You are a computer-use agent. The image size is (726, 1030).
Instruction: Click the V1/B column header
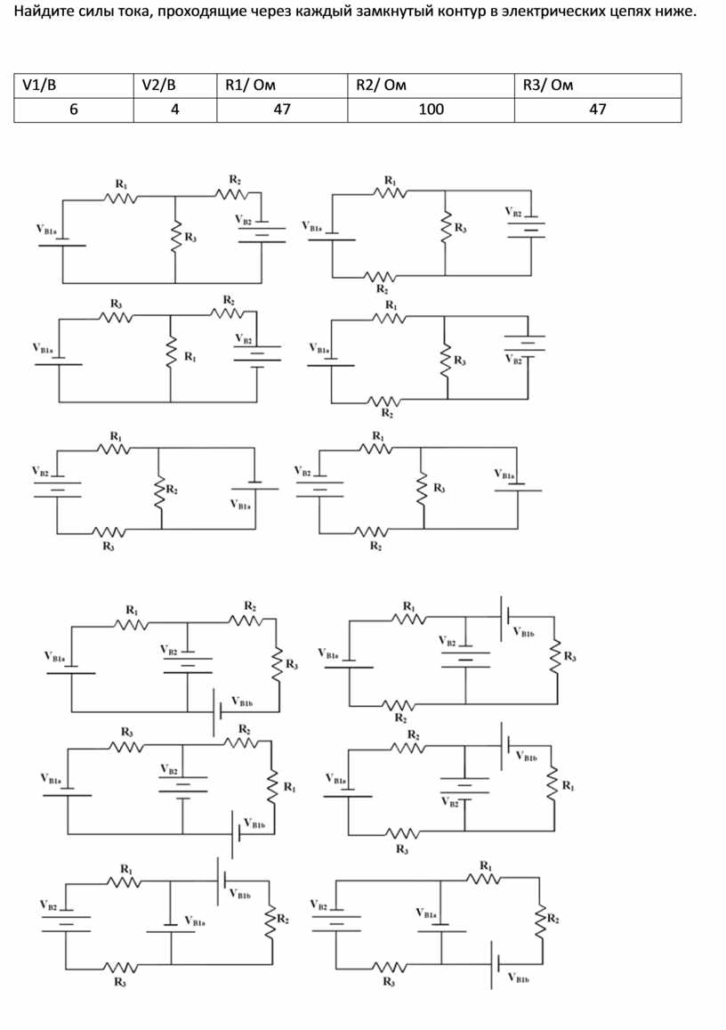tap(39, 85)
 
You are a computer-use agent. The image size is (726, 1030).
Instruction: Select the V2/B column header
tap(159, 85)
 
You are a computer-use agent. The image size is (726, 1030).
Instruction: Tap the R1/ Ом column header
tap(250, 85)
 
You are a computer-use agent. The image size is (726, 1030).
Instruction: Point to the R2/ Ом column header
tap(381, 85)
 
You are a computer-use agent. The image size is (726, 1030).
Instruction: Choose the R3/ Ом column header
tap(547, 85)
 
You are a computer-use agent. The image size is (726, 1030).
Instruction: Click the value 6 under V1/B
tap(74, 109)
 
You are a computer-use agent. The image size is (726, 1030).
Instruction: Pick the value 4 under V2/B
tap(174, 109)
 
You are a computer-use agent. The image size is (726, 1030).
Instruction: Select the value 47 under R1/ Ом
tap(282, 109)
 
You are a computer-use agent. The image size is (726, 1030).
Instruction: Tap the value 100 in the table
tap(432, 109)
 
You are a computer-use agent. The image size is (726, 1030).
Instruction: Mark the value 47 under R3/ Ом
tap(597, 109)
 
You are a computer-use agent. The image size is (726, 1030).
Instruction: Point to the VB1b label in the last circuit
tap(518, 977)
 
